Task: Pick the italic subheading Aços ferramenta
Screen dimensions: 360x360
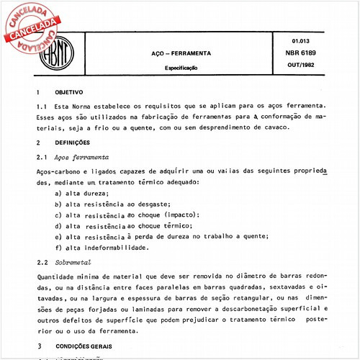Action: coord(82,156)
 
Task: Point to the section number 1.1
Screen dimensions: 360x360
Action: coord(42,107)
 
